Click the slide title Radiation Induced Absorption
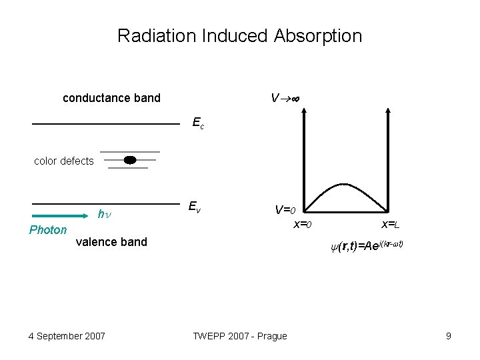239,35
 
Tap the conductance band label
111,98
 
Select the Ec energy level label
198,123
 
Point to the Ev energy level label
194,207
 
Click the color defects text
63,161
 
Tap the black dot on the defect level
130,159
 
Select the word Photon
48,230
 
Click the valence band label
111,242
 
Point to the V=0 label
291,210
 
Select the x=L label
391,225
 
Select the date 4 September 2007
67,335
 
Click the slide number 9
448,335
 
